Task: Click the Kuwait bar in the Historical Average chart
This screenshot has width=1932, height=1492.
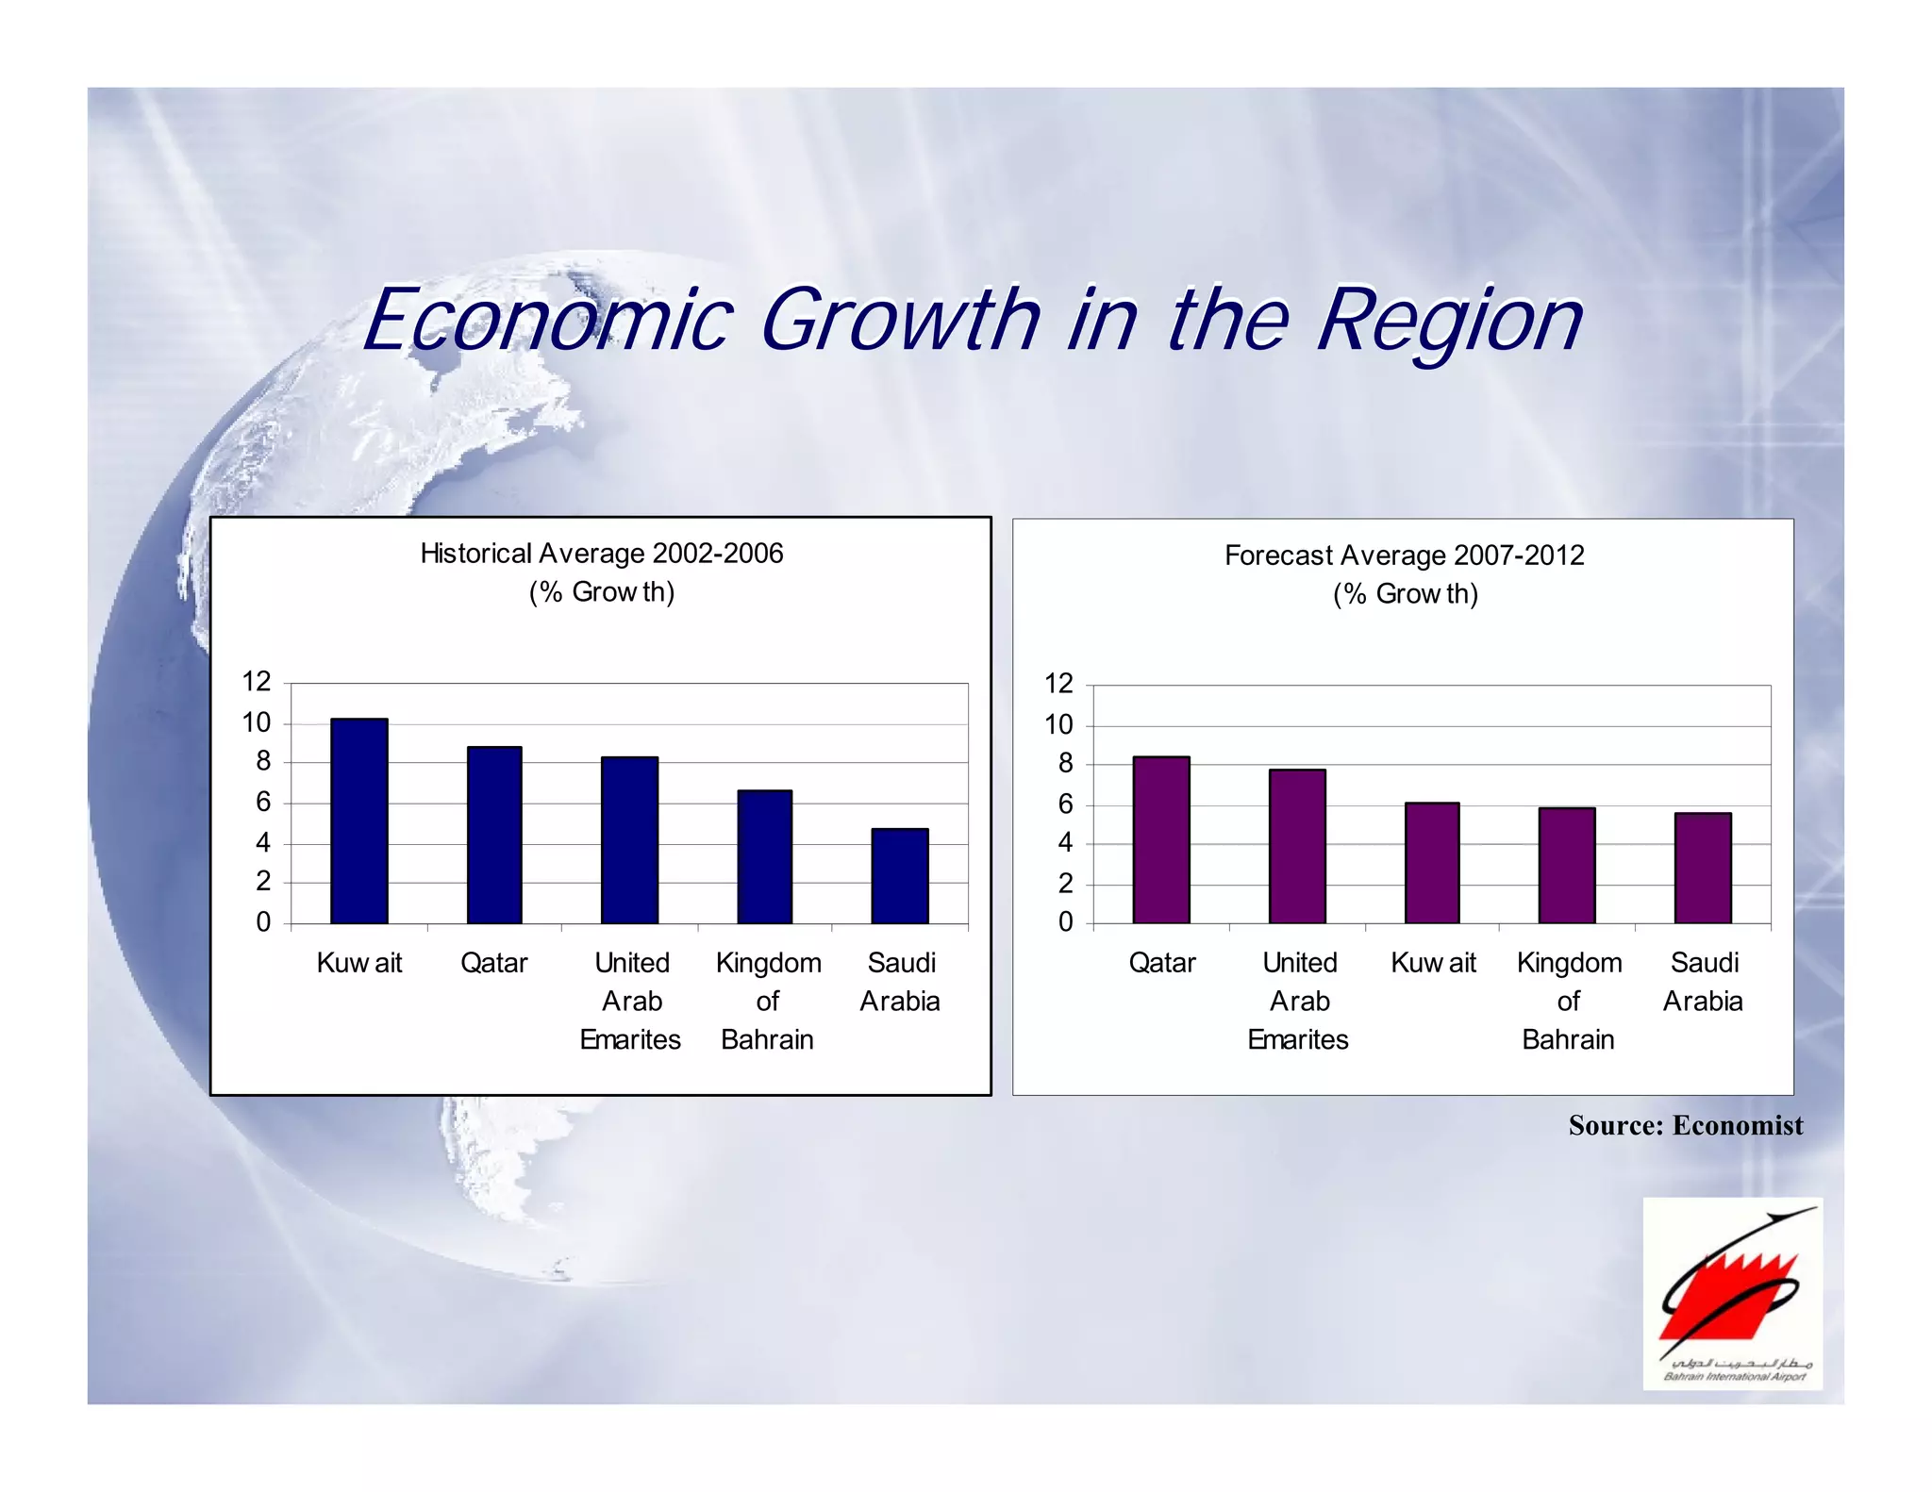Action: (x=358, y=821)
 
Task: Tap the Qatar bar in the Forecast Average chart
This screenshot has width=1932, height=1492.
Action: (x=1161, y=839)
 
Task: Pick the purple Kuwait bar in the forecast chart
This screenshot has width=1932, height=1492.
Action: (x=1432, y=862)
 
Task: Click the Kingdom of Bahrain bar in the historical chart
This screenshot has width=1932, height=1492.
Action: (x=764, y=856)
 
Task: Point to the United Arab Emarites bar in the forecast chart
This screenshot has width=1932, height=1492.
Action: (x=1297, y=846)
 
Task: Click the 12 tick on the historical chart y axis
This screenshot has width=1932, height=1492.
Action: (x=257, y=681)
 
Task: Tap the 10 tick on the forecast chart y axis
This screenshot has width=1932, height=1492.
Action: (x=1058, y=724)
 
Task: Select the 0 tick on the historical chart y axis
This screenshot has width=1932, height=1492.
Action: (x=263, y=921)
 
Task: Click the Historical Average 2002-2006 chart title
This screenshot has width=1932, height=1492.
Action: (x=602, y=554)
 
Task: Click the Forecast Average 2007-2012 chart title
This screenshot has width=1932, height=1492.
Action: (x=1404, y=555)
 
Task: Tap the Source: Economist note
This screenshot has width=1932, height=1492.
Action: (x=1685, y=1125)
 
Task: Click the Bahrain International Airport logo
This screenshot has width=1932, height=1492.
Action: (x=1732, y=1293)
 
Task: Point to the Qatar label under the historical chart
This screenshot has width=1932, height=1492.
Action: (x=493, y=963)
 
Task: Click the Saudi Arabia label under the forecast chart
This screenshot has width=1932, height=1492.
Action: (x=1703, y=982)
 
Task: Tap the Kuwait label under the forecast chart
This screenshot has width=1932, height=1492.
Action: (x=1433, y=963)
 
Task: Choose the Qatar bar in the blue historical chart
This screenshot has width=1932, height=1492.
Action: (x=494, y=835)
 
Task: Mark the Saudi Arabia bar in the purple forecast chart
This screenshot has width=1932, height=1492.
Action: (x=1703, y=868)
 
